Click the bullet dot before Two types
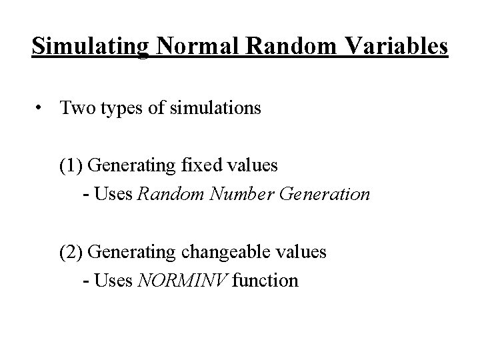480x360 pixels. click(x=41, y=108)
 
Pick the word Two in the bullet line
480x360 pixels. click(x=75, y=107)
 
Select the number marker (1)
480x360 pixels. click(x=71, y=164)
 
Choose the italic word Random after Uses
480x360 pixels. click(x=163, y=195)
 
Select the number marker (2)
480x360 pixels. click(x=71, y=253)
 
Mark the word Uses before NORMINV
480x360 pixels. click(x=114, y=281)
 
